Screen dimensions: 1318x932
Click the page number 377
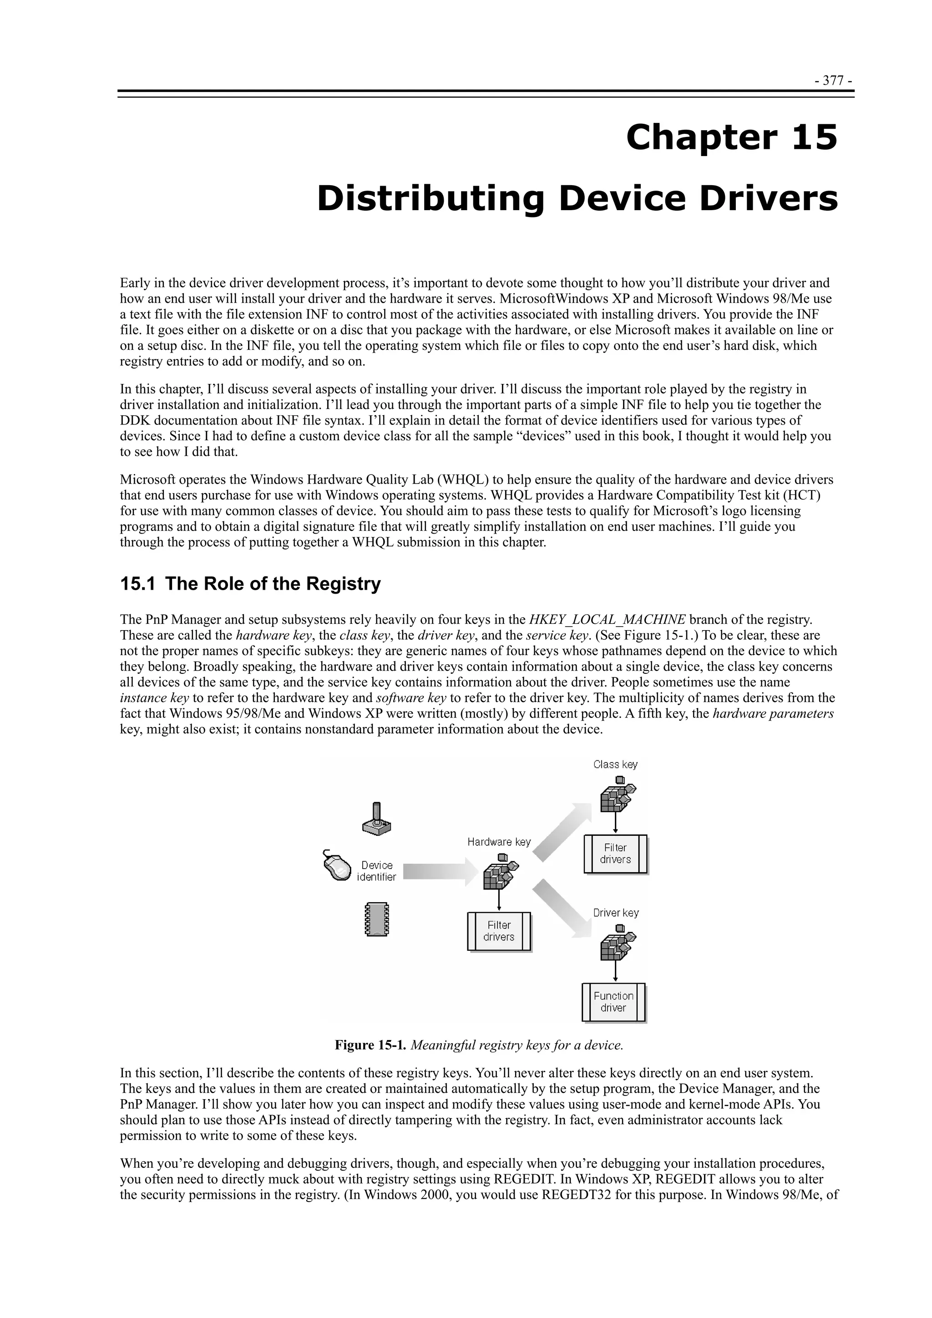coord(832,81)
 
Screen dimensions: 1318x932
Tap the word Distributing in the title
coord(430,199)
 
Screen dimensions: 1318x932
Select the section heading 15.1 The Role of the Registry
coord(250,584)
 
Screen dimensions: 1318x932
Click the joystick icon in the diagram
coord(377,818)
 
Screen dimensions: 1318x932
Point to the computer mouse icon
coord(337,865)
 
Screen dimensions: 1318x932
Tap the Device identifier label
coord(377,871)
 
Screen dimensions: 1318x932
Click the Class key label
coord(615,765)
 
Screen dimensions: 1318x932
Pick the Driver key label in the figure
coord(616,913)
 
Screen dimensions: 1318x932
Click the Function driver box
coord(613,1002)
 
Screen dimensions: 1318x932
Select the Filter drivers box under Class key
coord(615,853)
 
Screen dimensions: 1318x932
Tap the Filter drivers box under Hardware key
coord(498,931)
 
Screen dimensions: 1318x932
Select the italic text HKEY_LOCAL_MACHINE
coord(607,619)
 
